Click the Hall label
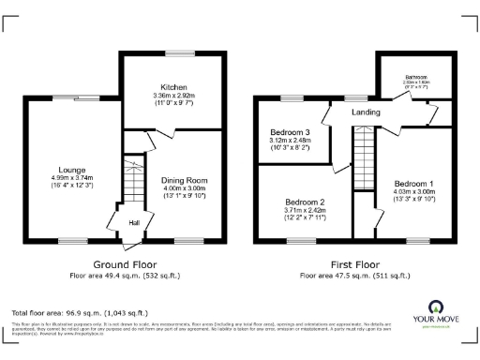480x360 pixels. (x=134, y=222)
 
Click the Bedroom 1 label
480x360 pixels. (x=413, y=183)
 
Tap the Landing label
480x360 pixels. (x=365, y=112)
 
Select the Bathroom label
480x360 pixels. (x=416, y=77)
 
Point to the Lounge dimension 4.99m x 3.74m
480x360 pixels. (x=72, y=178)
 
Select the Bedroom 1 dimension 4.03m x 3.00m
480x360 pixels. (x=413, y=191)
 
